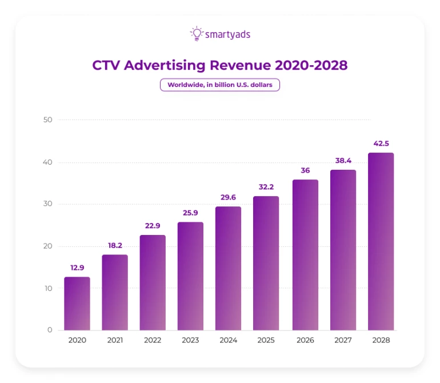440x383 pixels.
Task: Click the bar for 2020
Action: point(77,304)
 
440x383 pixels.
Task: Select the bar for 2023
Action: point(190,276)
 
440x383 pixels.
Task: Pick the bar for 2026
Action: point(305,255)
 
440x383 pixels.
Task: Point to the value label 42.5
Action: point(381,143)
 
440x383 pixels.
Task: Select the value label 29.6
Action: point(229,197)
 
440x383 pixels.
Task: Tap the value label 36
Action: point(305,170)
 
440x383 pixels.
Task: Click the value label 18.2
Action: point(115,245)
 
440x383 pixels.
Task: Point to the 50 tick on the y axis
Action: point(47,120)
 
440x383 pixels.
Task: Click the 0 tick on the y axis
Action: point(50,330)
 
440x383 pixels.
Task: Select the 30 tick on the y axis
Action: point(47,204)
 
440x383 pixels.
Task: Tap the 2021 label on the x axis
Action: point(115,341)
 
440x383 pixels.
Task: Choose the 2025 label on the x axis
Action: point(267,341)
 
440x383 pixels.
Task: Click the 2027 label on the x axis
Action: point(343,341)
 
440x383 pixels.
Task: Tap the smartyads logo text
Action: point(228,35)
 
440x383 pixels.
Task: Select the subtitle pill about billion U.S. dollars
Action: point(220,85)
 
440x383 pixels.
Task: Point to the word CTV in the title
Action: point(106,65)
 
